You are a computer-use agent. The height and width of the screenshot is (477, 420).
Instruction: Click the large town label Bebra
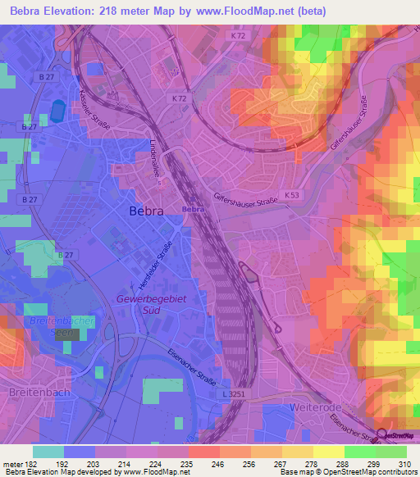(147, 211)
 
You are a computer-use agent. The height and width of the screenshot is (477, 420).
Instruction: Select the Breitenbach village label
(32, 393)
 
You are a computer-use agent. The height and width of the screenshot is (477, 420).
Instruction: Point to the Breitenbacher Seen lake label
(61, 325)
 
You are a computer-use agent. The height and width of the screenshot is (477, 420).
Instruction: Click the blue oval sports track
(57, 111)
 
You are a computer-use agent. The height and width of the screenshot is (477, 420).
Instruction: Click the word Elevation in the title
(77, 11)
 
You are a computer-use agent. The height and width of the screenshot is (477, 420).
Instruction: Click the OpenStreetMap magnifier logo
(382, 434)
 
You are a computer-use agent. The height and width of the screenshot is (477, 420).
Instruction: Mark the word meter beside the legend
(12, 464)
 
